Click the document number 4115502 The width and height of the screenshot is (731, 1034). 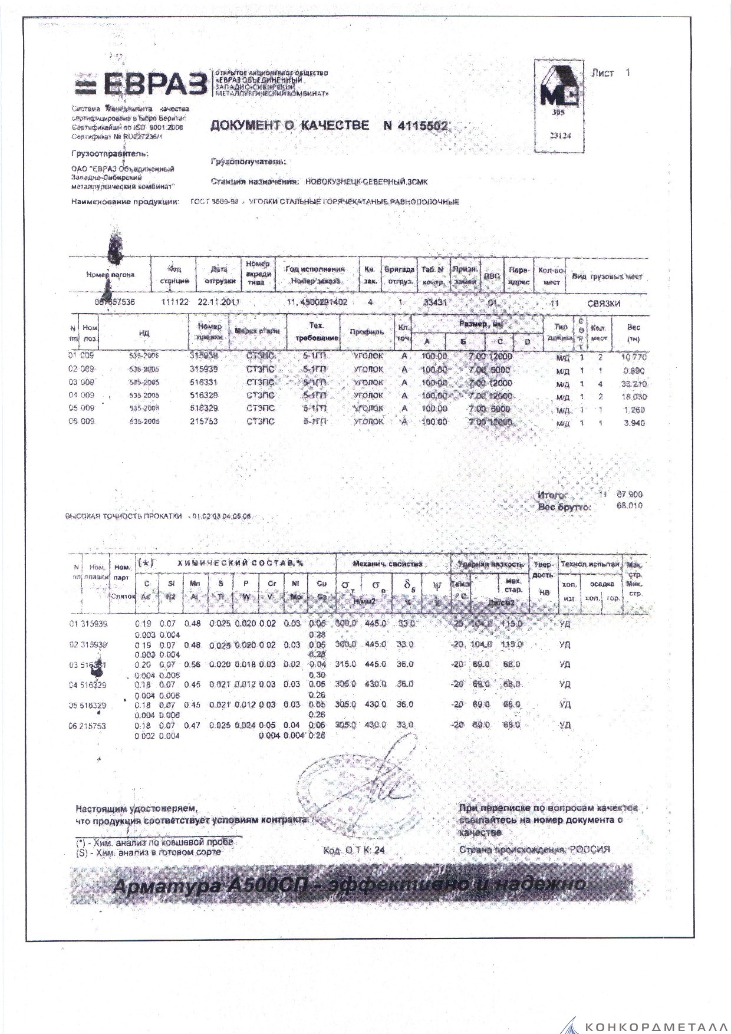415,126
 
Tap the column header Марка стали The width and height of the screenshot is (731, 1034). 257,331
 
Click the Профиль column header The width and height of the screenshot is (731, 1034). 367,332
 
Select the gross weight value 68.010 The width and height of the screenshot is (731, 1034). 629,506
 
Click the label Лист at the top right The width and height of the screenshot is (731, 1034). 602,73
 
